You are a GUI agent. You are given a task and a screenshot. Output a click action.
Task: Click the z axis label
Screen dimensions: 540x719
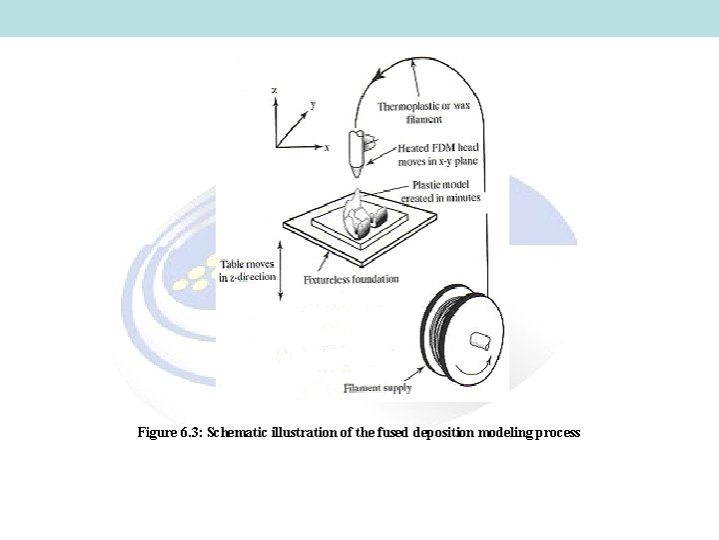(x=275, y=90)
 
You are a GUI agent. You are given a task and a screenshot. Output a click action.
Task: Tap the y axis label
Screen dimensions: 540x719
(x=314, y=104)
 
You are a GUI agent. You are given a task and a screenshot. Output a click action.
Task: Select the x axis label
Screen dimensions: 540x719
(x=327, y=147)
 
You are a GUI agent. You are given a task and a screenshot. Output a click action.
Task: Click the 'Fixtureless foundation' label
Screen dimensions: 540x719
(x=351, y=280)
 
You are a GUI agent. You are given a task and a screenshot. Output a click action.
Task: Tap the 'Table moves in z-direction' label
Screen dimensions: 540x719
(x=247, y=270)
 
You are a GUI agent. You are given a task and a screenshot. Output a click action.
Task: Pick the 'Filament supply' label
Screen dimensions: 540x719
(x=376, y=387)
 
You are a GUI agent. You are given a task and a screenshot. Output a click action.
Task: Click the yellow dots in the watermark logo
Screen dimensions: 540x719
(x=191, y=275)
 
